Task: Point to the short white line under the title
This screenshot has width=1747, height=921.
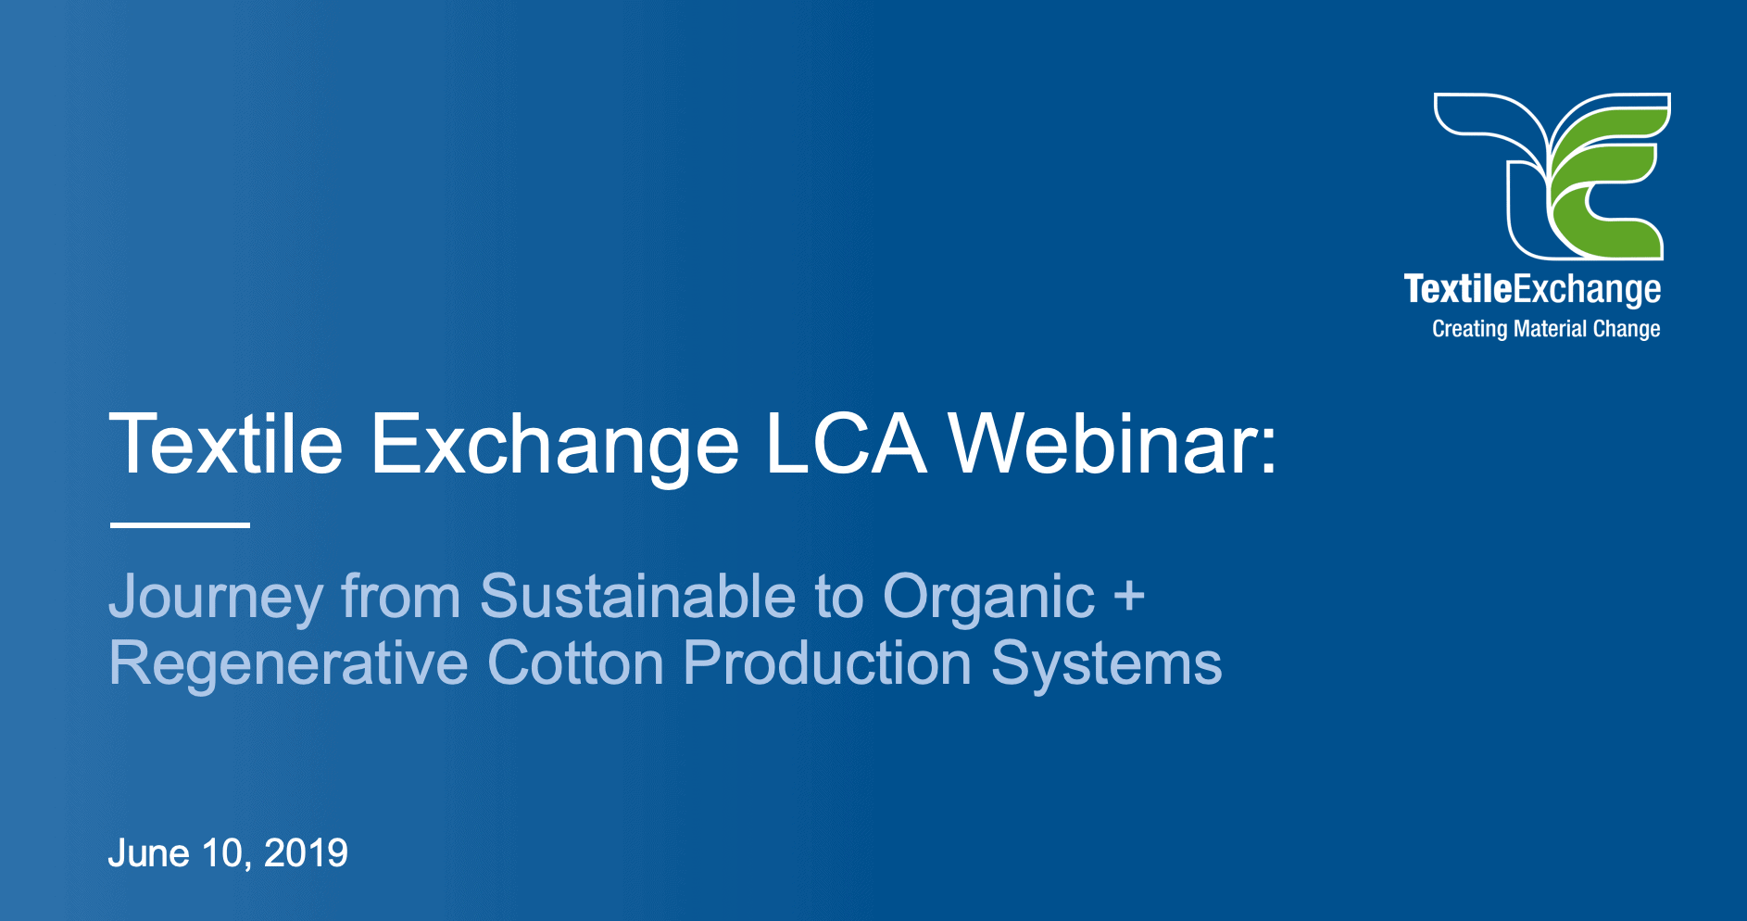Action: click(180, 524)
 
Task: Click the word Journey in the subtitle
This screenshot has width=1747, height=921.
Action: click(216, 597)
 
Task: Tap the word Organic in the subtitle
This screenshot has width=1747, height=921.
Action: click(988, 599)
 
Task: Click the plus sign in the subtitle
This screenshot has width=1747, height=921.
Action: click(1129, 596)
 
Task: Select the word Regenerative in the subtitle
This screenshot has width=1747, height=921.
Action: click(288, 664)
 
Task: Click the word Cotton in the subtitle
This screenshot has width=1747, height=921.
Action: click(575, 664)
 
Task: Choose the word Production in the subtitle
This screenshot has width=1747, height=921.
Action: click(827, 664)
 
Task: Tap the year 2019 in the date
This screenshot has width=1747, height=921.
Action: click(306, 853)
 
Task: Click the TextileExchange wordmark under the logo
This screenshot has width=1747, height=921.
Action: click(1532, 290)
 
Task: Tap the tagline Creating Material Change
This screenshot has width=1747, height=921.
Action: click(1546, 329)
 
